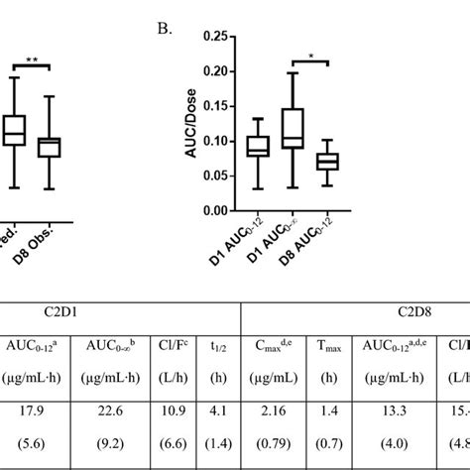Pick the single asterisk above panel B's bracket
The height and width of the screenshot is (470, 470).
point(313,58)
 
